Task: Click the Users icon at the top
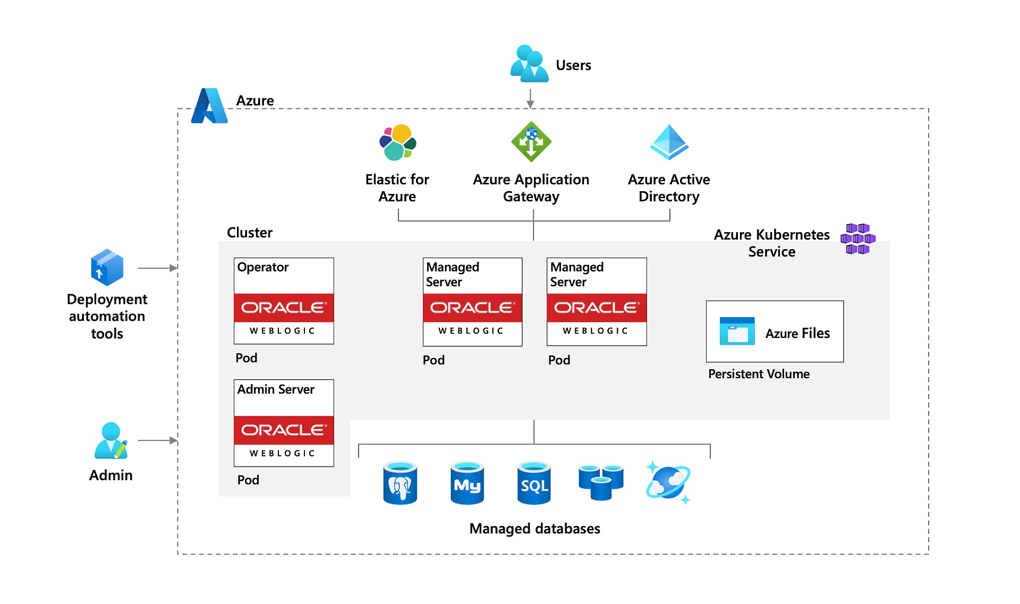point(529,64)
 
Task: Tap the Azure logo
point(209,106)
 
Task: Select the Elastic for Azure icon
point(397,142)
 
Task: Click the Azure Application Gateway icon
point(531,142)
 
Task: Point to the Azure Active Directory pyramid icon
point(669,142)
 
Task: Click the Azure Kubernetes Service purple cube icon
point(857,239)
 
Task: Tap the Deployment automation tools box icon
point(107,267)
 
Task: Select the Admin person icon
point(111,440)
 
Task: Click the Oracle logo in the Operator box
point(284,308)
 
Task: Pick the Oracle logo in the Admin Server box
point(284,430)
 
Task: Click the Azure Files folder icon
point(737,331)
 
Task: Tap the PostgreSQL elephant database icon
point(400,483)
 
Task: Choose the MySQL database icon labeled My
point(467,483)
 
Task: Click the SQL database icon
point(534,483)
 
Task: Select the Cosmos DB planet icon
point(668,483)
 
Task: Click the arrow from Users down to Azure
point(530,99)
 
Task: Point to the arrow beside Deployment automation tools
point(157,268)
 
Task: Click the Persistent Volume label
point(759,374)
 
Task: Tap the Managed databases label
point(534,529)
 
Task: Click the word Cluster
point(249,233)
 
